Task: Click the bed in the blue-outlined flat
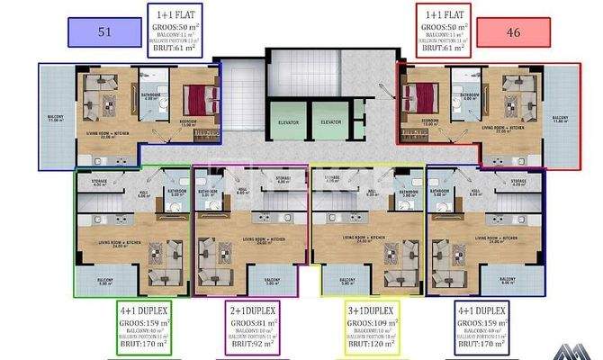pyautogui.click(x=199, y=95)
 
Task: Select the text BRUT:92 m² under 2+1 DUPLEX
pyautogui.click(x=251, y=342)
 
